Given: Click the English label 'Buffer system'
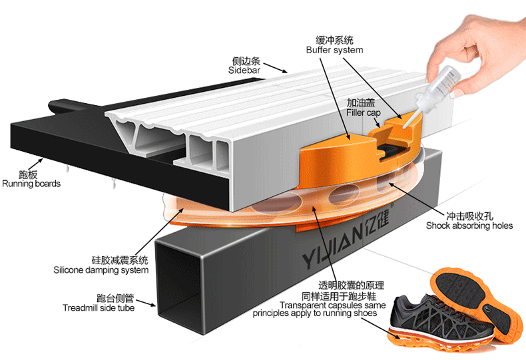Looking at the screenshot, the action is pyautogui.click(x=334, y=50).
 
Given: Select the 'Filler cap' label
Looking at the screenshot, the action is pyautogui.click(x=362, y=114).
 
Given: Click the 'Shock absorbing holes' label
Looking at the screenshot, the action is pyautogui.click(x=469, y=226).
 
